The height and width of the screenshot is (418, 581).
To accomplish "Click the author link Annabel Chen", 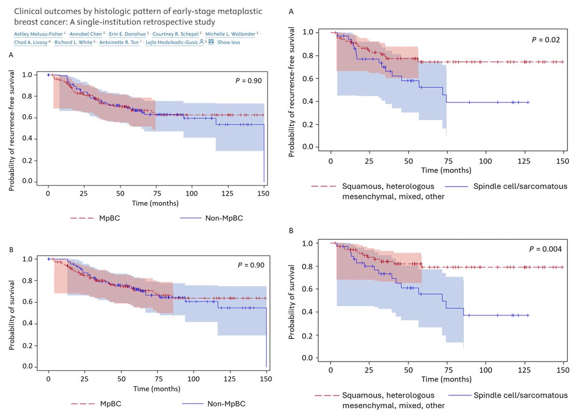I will tap(82, 33).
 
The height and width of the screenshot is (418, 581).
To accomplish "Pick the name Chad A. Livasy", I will tap(25, 42).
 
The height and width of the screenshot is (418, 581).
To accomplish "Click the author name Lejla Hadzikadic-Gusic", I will tap(176, 42).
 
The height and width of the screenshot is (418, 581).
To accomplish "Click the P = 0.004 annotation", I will tap(543, 249).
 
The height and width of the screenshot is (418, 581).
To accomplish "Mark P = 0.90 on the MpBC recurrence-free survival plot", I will tap(248, 81).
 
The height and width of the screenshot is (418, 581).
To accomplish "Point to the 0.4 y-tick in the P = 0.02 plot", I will tap(314, 101).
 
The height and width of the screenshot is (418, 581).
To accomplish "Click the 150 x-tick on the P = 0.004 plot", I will tap(563, 367).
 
